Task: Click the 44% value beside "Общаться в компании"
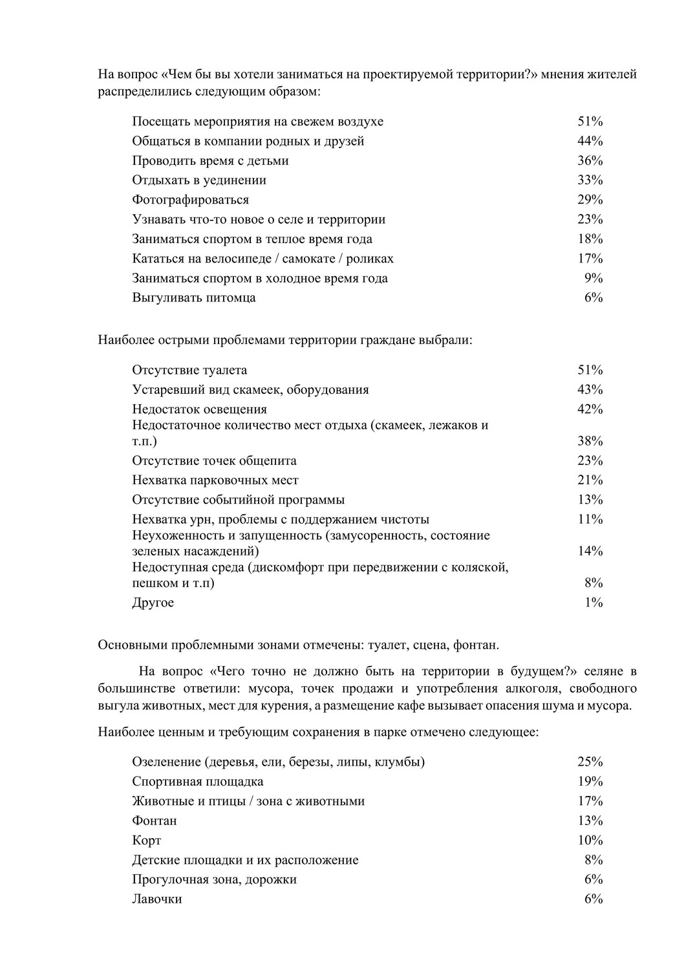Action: (590, 141)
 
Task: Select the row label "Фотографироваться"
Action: (190, 200)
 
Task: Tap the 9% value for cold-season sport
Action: (594, 278)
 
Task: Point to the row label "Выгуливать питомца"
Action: (193, 298)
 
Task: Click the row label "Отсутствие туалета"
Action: (189, 371)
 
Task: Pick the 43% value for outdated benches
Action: (590, 390)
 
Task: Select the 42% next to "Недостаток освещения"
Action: (590, 409)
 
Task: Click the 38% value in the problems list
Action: (590, 442)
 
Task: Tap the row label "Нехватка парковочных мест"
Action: (215, 480)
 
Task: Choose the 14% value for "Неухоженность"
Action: (590, 552)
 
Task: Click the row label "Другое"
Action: (153, 603)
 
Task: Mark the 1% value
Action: (594, 603)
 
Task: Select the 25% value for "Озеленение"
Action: (590, 762)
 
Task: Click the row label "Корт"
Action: (146, 841)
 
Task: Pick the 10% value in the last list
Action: (590, 841)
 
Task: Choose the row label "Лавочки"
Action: (156, 900)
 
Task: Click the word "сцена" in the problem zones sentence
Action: (430, 645)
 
